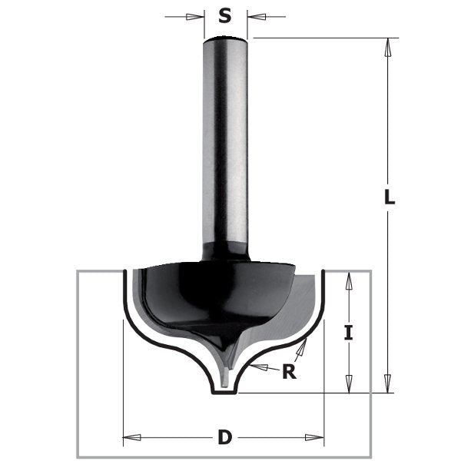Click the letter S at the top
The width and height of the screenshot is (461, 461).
(225, 15)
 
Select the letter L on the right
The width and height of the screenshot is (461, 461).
(390, 197)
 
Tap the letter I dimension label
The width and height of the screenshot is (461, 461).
(349, 333)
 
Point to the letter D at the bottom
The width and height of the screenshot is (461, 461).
(224, 438)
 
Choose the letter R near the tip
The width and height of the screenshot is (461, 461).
(289, 373)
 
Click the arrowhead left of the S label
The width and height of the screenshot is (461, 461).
(198, 15)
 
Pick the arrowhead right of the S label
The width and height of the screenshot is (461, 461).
(254, 15)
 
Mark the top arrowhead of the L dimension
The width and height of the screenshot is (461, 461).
(390, 46)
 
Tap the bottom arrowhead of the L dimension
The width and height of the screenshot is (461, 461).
(390, 384)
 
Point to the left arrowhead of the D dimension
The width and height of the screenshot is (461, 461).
(131, 438)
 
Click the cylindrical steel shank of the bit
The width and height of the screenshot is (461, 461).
(225, 138)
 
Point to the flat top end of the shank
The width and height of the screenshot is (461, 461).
(225, 39)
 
